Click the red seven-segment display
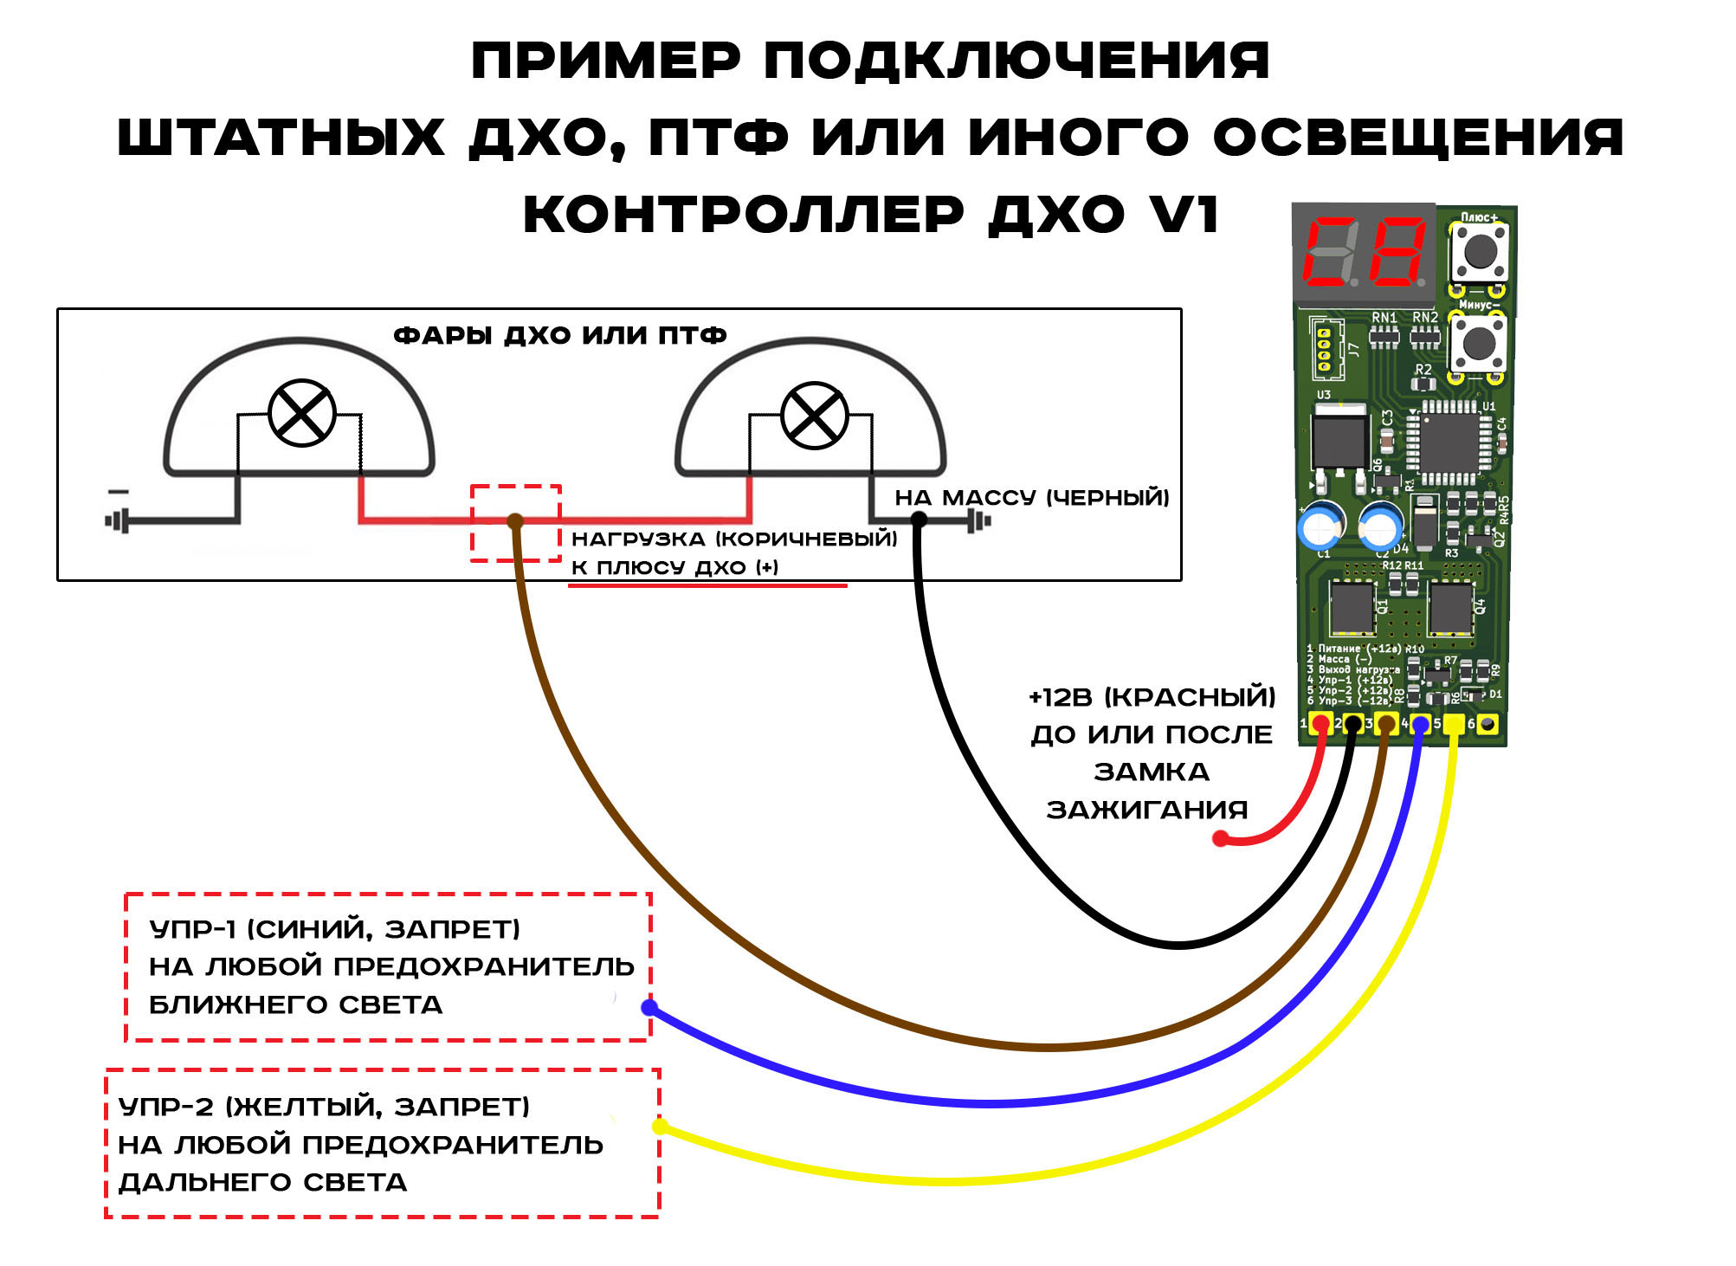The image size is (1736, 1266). tap(1364, 252)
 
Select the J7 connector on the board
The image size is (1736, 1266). tap(1325, 349)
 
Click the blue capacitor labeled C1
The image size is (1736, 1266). tap(1321, 525)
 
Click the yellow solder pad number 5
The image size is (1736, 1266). tap(1454, 724)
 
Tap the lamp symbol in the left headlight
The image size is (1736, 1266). tap(301, 413)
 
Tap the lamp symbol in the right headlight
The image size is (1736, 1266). tap(814, 416)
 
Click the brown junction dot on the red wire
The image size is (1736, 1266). tap(515, 520)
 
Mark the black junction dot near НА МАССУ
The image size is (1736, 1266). tap(919, 520)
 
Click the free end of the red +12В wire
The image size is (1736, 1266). tap(1221, 838)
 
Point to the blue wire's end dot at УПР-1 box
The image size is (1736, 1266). tap(649, 1007)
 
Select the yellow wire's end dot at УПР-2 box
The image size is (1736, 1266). tap(660, 1127)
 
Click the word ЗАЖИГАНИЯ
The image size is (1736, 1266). tap(1147, 810)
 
